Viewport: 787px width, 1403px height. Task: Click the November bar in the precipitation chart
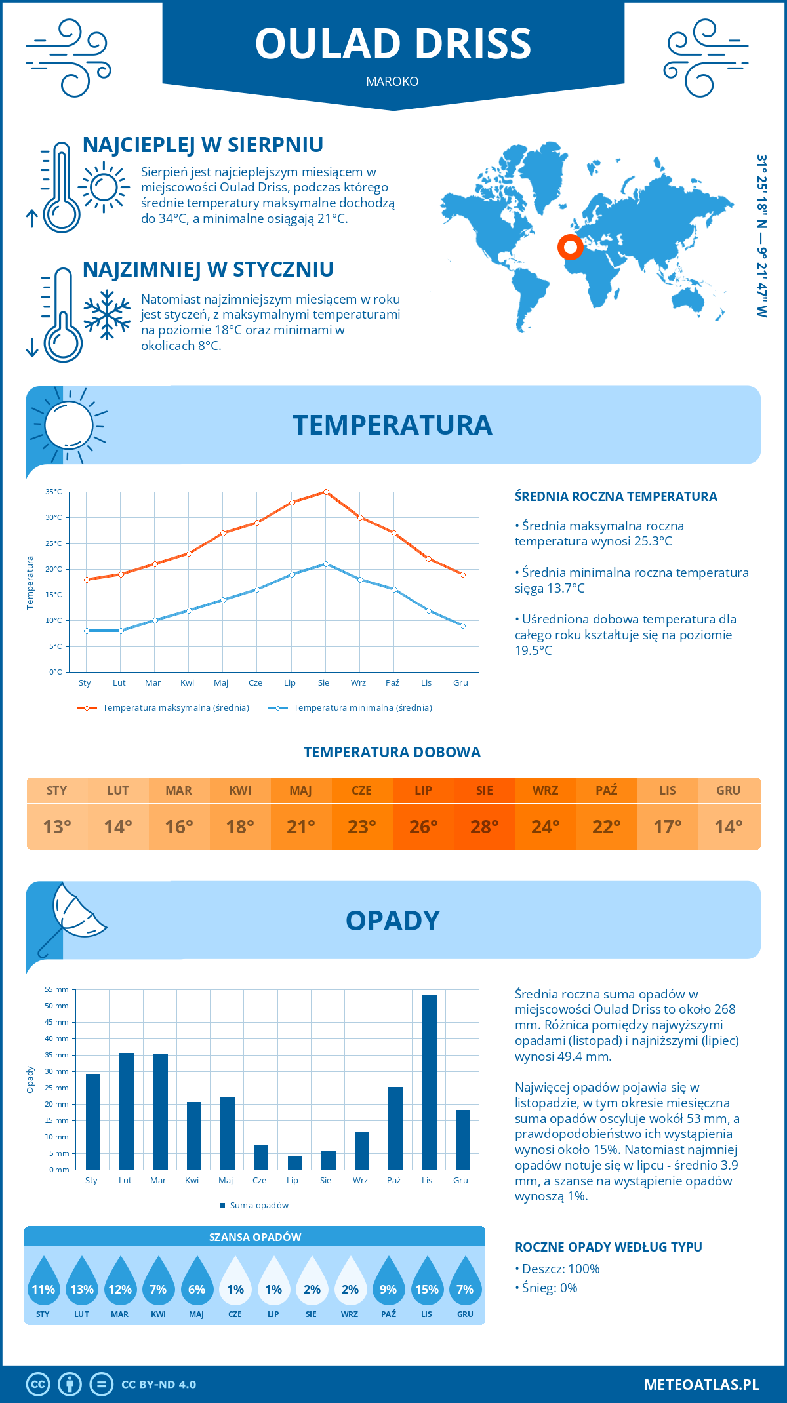click(429, 1082)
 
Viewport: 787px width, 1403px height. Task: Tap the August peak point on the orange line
click(326, 492)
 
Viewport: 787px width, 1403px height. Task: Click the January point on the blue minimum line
click(87, 631)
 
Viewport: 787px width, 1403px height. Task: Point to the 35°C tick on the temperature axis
click(54, 492)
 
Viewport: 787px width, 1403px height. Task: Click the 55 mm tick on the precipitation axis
click(57, 989)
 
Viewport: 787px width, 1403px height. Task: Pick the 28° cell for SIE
click(485, 827)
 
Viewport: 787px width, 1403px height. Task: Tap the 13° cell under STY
click(57, 827)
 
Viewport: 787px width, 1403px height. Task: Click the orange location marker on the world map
click(571, 247)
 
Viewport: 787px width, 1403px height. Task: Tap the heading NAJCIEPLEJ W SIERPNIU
click(203, 145)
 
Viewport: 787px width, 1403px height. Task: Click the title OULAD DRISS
click(393, 44)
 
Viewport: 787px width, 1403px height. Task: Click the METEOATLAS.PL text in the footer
click(702, 1384)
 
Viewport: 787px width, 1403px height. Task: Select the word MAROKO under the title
click(392, 81)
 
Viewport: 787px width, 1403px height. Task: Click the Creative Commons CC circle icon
click(38, 1384)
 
